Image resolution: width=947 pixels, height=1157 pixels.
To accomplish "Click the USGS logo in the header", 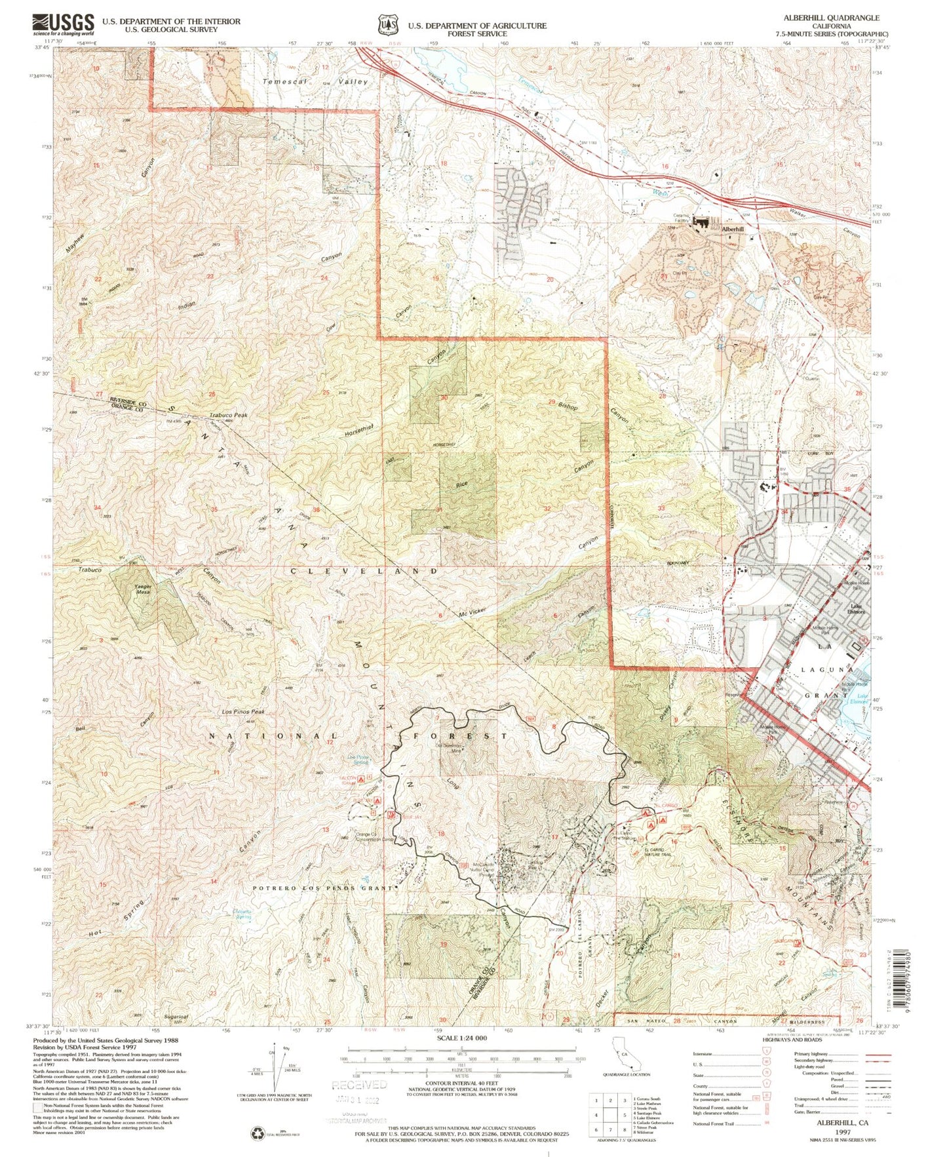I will click(x=63, y=25).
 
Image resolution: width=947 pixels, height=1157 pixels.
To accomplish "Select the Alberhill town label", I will click(x=732, y=229).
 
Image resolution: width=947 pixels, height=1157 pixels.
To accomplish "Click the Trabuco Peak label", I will click(x=228, y=415).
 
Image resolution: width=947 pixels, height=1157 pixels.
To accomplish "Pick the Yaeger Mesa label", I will click(x=143, y=589).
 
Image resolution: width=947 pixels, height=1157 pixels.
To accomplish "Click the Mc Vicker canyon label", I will click(x=472, y=612).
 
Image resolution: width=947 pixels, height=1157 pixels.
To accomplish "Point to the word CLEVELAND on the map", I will click(x=364, y=572).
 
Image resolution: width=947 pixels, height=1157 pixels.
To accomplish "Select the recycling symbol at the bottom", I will click(x=258, y=1133).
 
